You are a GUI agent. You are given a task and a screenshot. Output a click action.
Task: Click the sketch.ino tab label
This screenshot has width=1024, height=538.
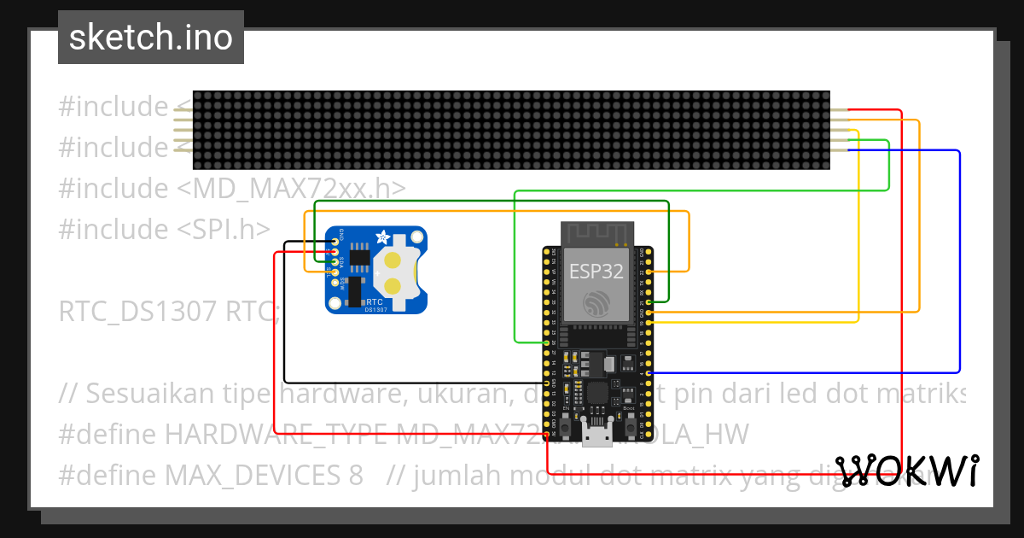[151, 38]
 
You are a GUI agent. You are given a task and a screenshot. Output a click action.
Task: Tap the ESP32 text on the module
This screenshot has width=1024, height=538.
[596, 271]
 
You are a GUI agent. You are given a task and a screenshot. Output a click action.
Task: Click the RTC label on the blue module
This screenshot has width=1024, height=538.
[374, 301]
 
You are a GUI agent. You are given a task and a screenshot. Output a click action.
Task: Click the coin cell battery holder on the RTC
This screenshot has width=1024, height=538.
[394, 272]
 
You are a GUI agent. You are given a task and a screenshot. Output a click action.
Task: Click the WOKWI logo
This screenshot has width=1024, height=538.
[907, 471]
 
